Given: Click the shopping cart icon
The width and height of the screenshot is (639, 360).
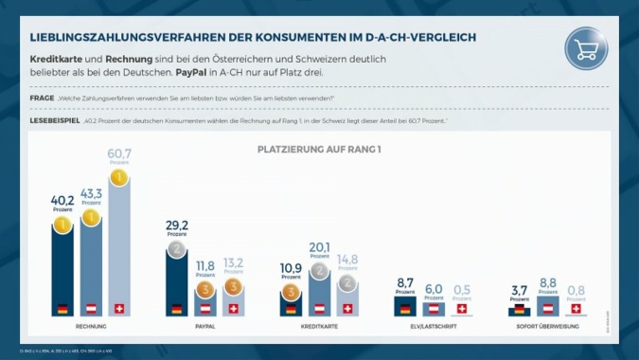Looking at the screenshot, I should (586, 49).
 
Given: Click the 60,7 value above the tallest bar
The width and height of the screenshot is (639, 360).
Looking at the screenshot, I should (119, 153).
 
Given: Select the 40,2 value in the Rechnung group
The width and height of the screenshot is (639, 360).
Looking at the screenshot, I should (62, 200).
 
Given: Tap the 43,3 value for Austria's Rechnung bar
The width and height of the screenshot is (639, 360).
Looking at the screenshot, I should (91, 193).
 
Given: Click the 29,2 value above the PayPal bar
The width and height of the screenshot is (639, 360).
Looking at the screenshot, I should (177, 226).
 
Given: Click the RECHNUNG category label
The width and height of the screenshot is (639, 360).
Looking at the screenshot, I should (91, 326).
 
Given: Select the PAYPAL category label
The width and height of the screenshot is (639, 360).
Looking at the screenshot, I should (204, 326).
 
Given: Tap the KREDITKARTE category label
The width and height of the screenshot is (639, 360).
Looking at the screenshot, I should (319, 326).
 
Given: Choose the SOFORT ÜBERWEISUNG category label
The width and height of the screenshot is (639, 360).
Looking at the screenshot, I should (547, 326).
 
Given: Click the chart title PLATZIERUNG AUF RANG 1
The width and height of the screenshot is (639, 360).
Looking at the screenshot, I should (319, 150).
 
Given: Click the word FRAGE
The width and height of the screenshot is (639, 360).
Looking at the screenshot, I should (40, 98).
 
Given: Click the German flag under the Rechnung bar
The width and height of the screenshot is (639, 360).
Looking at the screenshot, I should (62, 309).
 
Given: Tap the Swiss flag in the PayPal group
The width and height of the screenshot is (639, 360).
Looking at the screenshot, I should (233, 309).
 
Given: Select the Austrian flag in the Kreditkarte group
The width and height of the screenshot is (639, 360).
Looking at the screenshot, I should (320, 309).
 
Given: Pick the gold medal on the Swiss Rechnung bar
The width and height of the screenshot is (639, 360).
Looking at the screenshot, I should (119, 176).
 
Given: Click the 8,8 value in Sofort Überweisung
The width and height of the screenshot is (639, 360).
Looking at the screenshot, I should (547, 282).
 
